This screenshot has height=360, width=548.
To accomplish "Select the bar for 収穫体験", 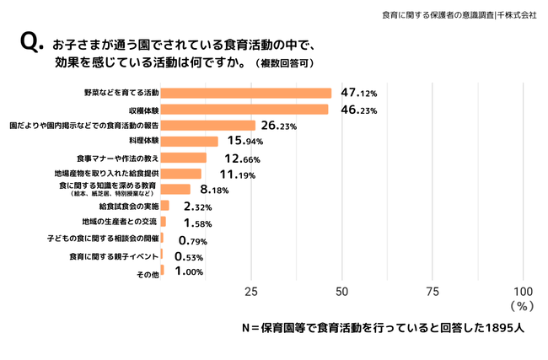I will (244, 109).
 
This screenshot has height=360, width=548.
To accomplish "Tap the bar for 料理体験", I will (189, 141).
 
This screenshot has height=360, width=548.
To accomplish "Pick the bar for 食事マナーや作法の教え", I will (183, 158).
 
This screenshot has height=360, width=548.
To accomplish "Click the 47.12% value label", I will (358, 93).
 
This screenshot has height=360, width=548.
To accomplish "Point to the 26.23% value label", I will (279, 126).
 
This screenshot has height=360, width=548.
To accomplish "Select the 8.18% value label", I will (214, 190).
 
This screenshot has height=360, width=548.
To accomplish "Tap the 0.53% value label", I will (188, 256).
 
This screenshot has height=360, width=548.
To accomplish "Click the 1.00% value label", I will (189, 271).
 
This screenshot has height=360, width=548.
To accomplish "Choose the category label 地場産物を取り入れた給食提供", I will (112, 173).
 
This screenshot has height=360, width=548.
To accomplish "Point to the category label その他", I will (148, 273).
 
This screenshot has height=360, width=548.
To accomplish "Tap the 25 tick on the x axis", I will (250, 292).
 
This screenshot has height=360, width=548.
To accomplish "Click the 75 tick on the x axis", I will (432, 292).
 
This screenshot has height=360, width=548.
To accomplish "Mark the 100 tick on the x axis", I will (523, 292).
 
